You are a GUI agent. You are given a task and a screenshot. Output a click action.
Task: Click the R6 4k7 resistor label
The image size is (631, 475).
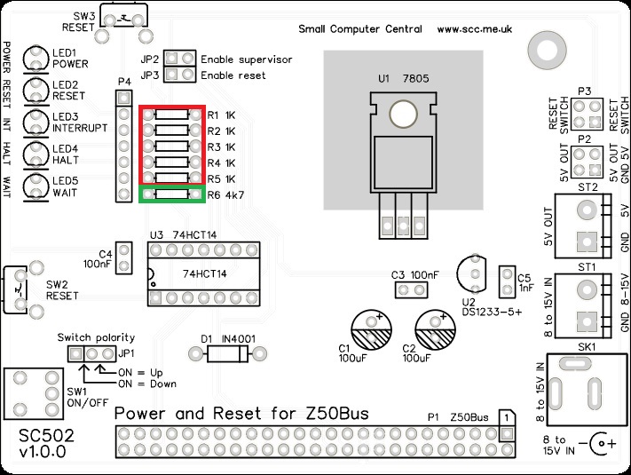pyautogui.click(x=225, y=195)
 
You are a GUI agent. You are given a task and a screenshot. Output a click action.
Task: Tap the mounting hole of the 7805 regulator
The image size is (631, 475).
pyautogui.click(x=403, y=114)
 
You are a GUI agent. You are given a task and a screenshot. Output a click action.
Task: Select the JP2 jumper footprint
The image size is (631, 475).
pyautogui.click(x=179, y=59)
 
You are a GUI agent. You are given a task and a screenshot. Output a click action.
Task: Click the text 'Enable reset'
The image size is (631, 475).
pyautogui.click(x=233, y=75)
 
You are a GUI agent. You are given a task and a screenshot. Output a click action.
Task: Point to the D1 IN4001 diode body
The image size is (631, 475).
pyautogui.click(x=227, y=354)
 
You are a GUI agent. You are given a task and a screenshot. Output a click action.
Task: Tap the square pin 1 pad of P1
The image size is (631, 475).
pyautogui.click(x=507, y=433)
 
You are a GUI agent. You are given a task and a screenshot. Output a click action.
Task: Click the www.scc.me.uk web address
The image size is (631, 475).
pyautogui.click(x=475, y=29)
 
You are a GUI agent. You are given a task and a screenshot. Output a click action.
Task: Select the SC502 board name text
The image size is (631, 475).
pyautogui.click(x=46, y=436)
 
